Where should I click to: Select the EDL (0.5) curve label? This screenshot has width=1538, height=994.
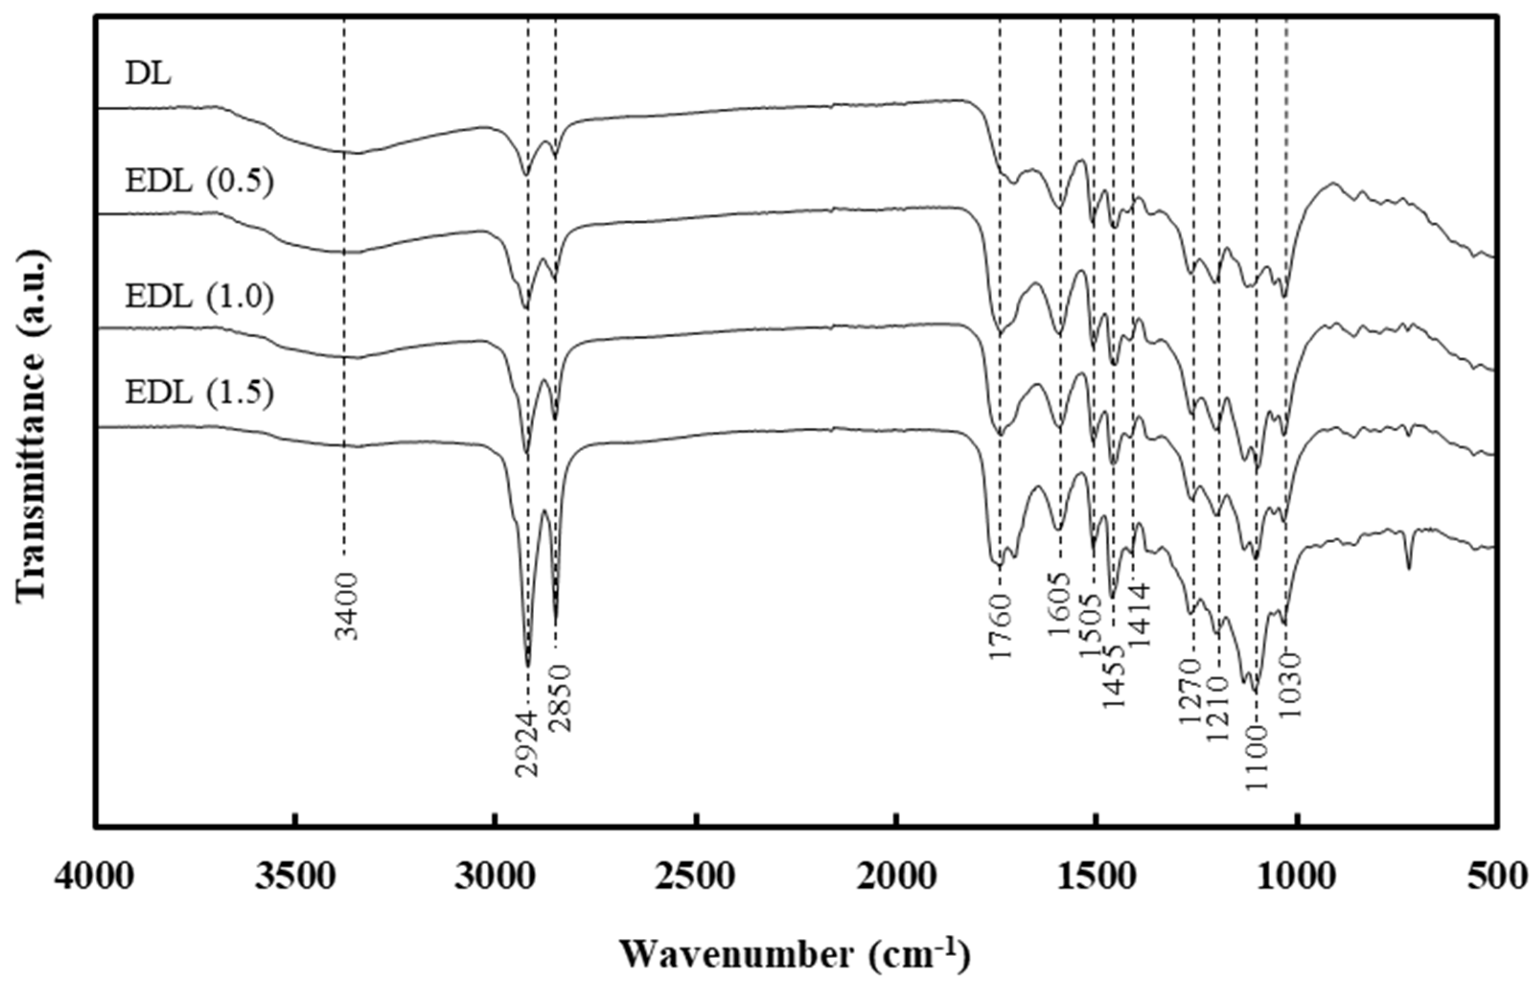199,182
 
